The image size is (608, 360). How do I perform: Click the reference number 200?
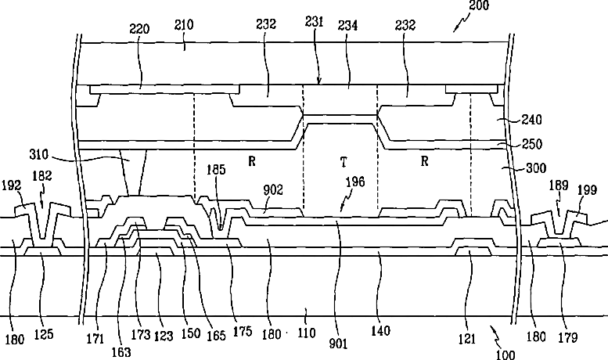pos(479,5)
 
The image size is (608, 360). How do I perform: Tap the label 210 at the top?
pos(183,25)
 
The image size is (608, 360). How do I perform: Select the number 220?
pos(139,29)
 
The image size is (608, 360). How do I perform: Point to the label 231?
pos(314,22)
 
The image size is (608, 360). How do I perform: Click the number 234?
pos(347,25)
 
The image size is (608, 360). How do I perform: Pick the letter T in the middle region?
pos(344,162)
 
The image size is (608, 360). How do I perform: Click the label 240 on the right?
pos(531,120)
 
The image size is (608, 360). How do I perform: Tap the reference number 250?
pos(532,144)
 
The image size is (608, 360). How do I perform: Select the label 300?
pos(536,168)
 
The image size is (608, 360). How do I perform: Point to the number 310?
pos(39,155)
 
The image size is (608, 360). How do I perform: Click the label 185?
pos(216,170)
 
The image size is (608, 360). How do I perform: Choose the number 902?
pos(273,189)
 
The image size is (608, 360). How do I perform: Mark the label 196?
pos(355,182)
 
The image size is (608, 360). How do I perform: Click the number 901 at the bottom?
pos(338,344)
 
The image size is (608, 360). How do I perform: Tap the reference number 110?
pos(307,333)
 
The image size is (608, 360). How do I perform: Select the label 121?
pos(467,339)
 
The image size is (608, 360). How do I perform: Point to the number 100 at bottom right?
pos(505,355)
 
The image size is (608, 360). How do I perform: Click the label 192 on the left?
pos(11,185)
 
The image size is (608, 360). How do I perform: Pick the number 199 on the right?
pos(587,190)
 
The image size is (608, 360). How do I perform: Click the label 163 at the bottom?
pos(121,352)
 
